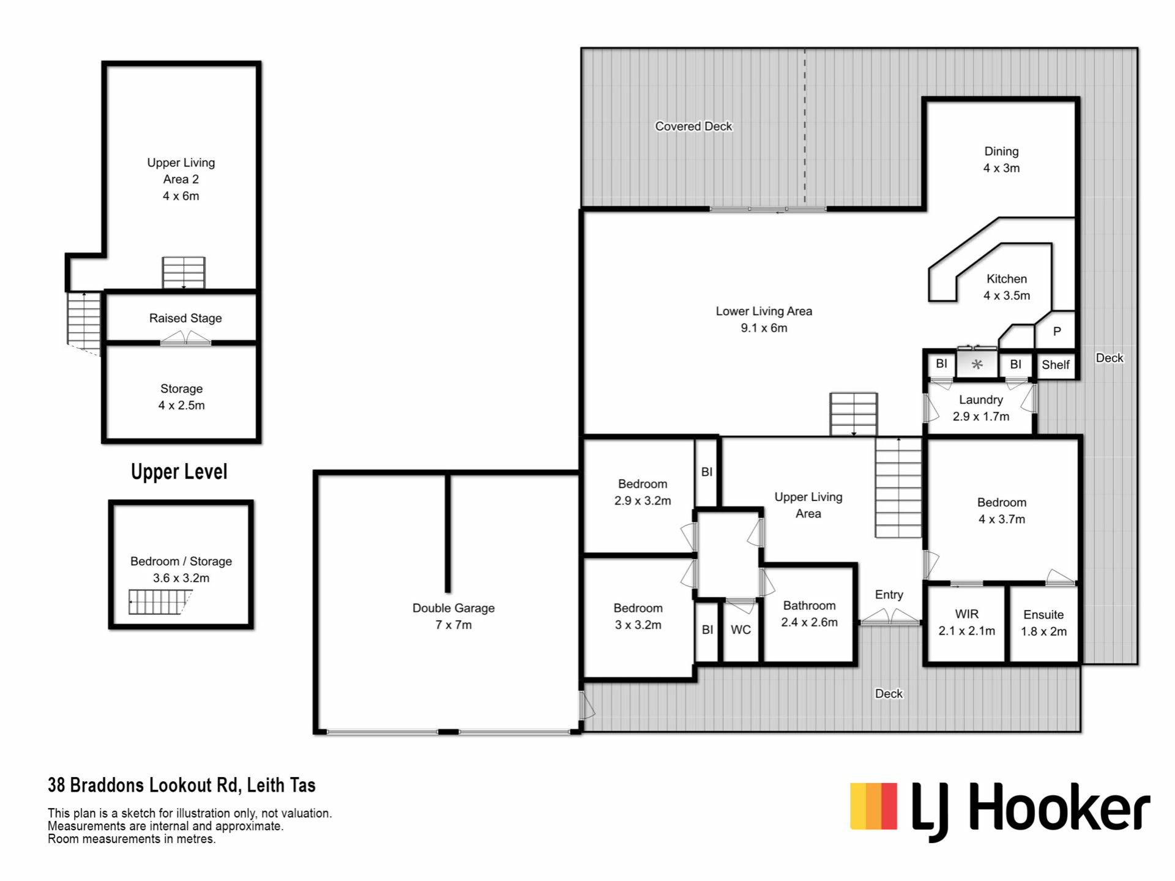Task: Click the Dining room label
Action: [x=1001, y=160]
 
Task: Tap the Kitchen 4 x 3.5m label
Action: [x=1007, y=287]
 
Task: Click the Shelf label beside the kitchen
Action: [x=1056, y=365]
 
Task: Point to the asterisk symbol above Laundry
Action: [x=977, y=365]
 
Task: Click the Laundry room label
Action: [x=980, y=408]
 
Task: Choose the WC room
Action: [x=740, y=630]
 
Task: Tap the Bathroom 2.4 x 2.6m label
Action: [x=809, y=614]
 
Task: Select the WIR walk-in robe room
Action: [x=966, y=622]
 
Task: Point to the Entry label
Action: [x=889, y=595]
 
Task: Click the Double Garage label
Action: [x=453, y=616]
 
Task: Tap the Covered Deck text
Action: [x=693, y=126]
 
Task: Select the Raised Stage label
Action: [x=185, y=318]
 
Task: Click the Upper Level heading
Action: [x=179, y=472]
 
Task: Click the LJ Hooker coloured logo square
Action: [x=874, y=806]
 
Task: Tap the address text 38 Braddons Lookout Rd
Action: [x=143, y=785]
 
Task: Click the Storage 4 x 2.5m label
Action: [x=181, y=397]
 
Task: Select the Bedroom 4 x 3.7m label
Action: [x=1001, y=511]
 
